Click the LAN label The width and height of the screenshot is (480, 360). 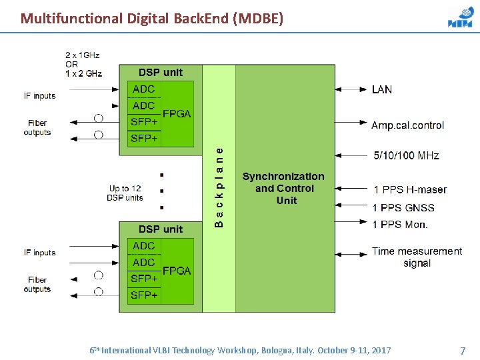pos(382,89)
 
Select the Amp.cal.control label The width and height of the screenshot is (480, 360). pos(407,125)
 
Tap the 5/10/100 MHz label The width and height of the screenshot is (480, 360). pos(406,156)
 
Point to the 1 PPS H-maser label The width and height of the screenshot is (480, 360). pos(410,190)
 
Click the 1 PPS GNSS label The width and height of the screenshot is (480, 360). pos(403,208)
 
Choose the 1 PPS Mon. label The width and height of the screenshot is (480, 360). pos(400,225)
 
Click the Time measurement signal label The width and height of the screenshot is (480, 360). pos(417,257)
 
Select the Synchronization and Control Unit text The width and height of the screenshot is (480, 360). pos(283,188)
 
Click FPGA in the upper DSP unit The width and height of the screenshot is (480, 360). pos(177,113)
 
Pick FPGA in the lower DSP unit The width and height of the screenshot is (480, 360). pos(177,271)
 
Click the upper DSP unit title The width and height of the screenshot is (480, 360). pos(160,72)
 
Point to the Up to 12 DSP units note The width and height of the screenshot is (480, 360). pos(125,193)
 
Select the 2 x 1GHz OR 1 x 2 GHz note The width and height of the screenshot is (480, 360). pos(83,64)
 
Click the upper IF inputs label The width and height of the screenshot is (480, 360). pos(39,96)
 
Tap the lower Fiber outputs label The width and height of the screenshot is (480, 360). pos(37,285)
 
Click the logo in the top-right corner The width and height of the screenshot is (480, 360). pos(460,18)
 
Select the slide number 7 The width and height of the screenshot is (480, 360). pos(463,351)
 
